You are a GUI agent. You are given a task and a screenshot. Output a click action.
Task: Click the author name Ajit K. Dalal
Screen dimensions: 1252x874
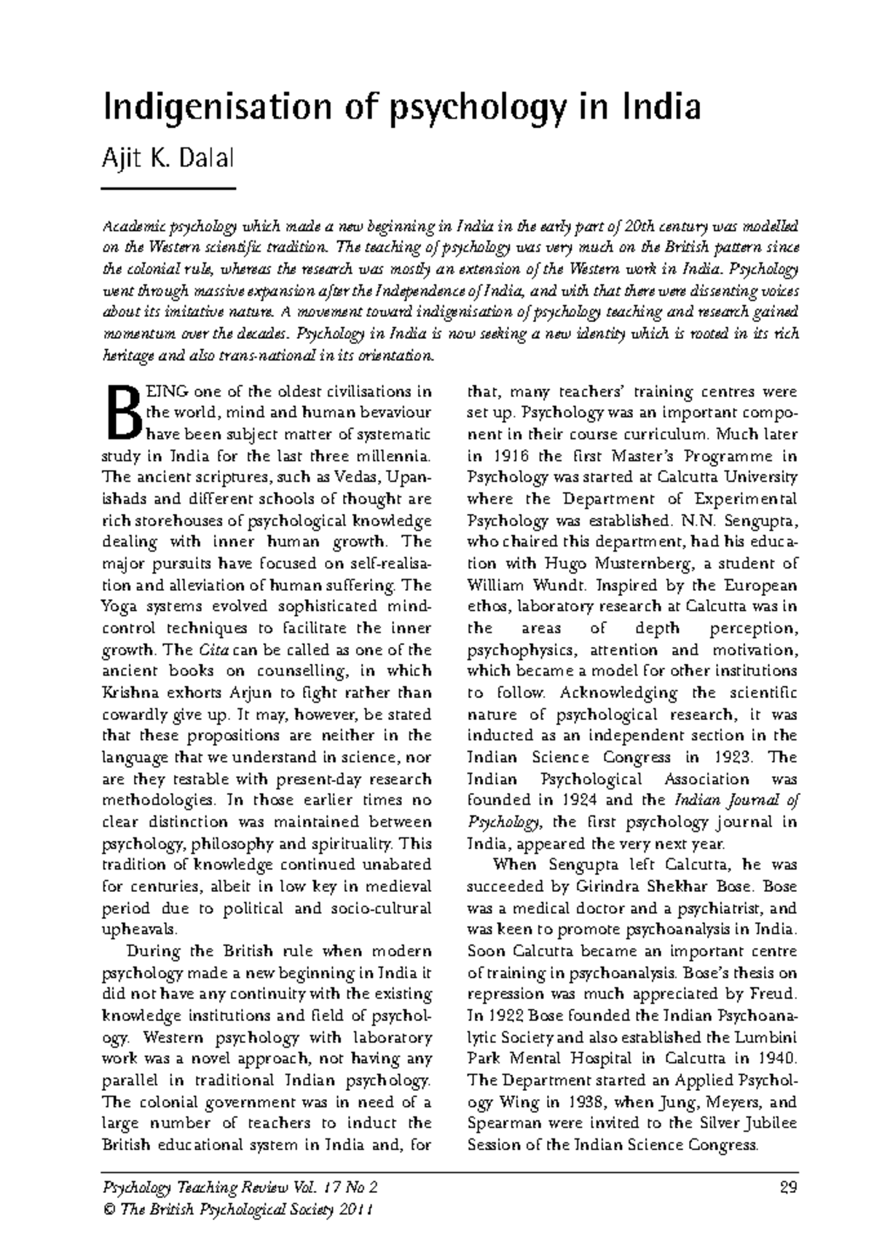168,157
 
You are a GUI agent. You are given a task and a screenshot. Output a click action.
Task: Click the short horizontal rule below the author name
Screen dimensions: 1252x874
168,189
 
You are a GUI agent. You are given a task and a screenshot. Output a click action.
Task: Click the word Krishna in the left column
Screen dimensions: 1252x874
130,692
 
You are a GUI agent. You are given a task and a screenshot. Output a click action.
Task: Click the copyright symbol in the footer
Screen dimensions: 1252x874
110,1210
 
